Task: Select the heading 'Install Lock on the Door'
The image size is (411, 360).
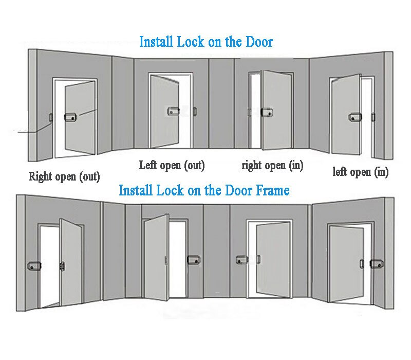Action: [206, 42]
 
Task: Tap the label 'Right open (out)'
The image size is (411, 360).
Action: [64, 177]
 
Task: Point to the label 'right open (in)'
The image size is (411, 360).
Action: [272, 166]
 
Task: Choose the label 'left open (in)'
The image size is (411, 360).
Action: [360, 172]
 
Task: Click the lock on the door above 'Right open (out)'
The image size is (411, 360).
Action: [70, 118]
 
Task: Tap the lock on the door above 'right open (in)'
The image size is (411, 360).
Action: [267, 112]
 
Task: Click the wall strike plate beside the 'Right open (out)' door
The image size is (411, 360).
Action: [50, 117]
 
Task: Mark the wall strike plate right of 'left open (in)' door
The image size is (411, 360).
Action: [373, 117]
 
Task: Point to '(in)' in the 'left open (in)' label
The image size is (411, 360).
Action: [381, 172]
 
